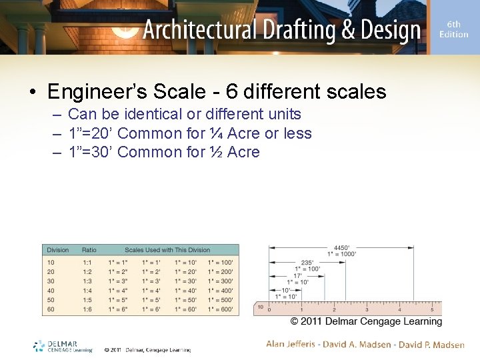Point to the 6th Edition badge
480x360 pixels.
[453, 29]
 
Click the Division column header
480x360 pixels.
[57, 250]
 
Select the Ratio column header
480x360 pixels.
[89, 250]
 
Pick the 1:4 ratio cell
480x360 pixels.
[87, 290]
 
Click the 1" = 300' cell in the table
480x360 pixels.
[221, 281]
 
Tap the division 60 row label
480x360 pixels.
[51, 309]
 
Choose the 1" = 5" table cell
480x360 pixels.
[119, 299]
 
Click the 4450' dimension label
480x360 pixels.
[341, 247]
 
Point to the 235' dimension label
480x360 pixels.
[307, 263]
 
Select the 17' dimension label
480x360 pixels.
[298, 275]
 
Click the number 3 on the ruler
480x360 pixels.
[366, 309]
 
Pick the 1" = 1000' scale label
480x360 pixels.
[342, 254]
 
